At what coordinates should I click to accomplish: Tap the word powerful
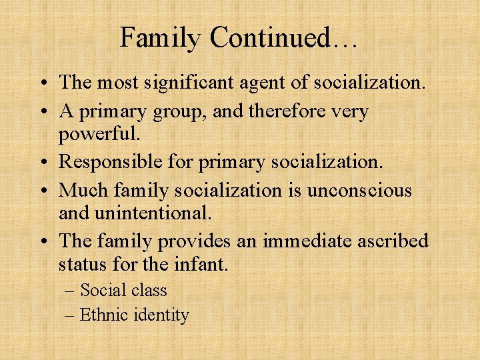99,135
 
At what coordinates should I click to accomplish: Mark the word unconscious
360,190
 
